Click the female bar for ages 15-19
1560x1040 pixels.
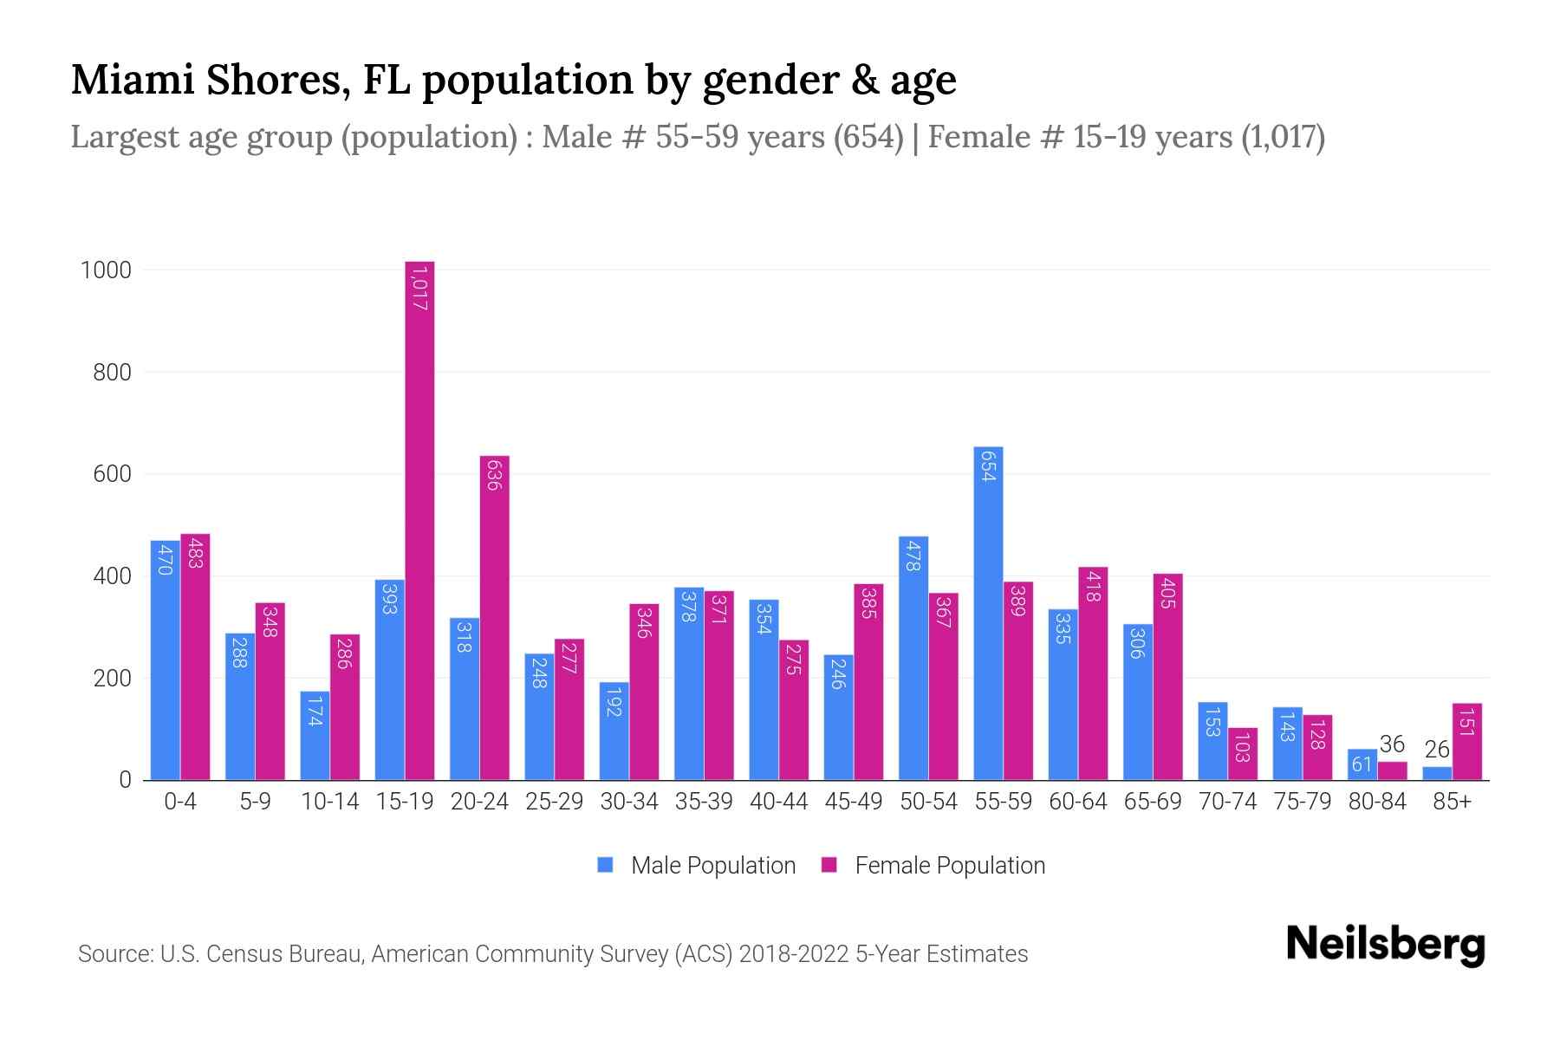(419, 520)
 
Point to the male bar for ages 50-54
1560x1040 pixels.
(913, 659)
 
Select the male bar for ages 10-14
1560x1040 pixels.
(315, 736)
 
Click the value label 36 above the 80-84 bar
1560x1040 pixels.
(1392, 744)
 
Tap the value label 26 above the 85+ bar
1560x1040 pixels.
(1437, 750)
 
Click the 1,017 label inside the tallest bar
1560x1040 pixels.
(419, 289)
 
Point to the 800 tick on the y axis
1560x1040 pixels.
(112, 373)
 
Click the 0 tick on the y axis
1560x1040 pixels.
(125, 780)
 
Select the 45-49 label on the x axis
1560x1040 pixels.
(853, 802)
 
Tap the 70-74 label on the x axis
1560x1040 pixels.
(1227, 802)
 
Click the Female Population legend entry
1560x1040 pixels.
(933, 865)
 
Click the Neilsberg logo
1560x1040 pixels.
(1385, 945)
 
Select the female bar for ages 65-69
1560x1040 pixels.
(1167, 677)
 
